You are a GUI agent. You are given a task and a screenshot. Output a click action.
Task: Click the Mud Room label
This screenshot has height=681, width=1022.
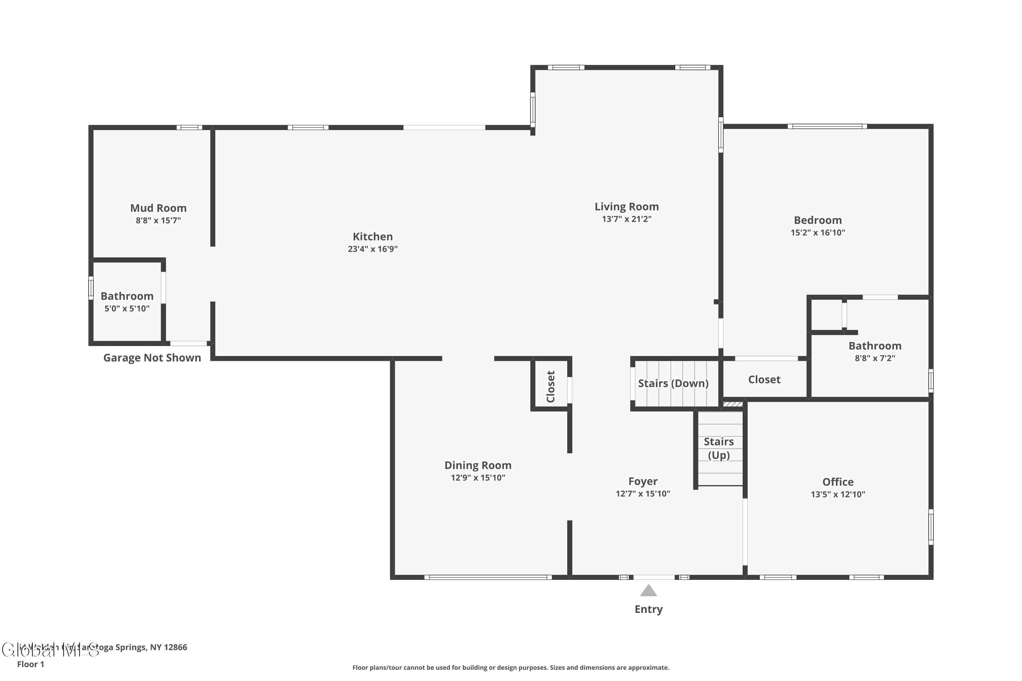click(158, 208)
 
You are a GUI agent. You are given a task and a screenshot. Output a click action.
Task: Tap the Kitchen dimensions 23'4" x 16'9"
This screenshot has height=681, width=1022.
click(372, 249)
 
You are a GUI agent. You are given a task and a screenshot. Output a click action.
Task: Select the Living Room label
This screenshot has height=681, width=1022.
click(626, 207)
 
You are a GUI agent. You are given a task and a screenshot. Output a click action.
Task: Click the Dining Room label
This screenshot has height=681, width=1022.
click(478, 465)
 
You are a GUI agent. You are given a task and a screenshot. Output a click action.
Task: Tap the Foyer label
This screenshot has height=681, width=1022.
click(642, 481)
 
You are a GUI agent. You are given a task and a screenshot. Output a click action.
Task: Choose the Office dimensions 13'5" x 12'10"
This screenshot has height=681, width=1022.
click(837, 494)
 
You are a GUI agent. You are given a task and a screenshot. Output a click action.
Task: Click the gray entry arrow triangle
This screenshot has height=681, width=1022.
click(648, 591)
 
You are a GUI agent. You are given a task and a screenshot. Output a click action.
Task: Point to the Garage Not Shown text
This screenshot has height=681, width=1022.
click(152, 358)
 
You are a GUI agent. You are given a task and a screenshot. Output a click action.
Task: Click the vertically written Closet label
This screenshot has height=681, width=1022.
click(551, 386)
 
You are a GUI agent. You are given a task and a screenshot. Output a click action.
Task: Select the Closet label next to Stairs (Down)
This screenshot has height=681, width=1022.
click(764, 380)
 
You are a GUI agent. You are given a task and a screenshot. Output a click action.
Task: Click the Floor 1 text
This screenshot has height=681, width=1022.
click(30, 664)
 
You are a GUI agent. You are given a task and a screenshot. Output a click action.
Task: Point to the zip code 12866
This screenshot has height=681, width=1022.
click(175, 647)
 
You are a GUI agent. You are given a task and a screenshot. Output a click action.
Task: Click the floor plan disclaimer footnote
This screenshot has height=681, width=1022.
click(511, 667)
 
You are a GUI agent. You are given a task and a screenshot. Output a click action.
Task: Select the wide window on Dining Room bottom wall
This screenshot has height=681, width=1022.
click(487, 577)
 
